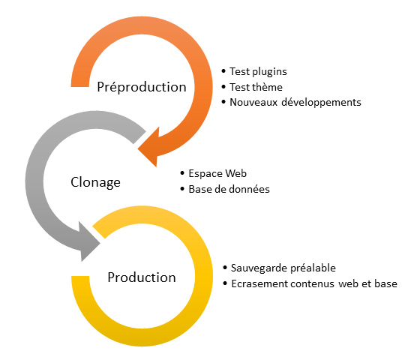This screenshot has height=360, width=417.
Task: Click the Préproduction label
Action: click(x=142, y=86)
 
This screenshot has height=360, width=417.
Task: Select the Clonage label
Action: click(x=95, y=181)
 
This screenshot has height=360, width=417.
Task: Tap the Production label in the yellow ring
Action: click(x=142, y=277)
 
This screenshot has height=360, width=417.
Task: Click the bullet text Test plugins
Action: click(x=259, y=72)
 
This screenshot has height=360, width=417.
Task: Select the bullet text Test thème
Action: click(x=256, y=87)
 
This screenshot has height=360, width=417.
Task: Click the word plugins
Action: click(x=269, y=72)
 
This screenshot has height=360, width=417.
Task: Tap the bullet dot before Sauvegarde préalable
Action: click(x=226, y=268)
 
